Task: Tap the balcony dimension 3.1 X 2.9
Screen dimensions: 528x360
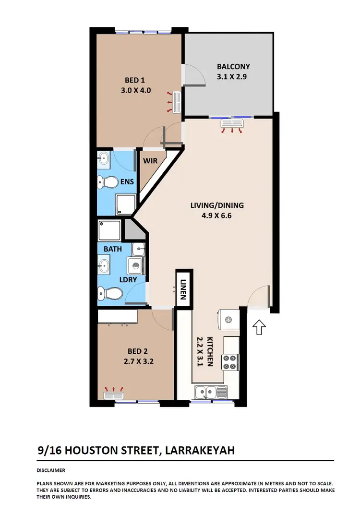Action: pos(233,76)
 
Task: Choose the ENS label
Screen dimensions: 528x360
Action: pos(127,182)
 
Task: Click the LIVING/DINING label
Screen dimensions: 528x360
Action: pos(222,205)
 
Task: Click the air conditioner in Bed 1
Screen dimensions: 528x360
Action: pos(175,102)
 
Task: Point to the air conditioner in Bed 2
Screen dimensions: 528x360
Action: pos(114,396)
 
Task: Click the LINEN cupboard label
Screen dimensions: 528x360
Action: pos(183,287)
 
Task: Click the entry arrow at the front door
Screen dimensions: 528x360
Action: pos(259,328)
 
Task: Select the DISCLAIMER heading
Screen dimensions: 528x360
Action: pos(51,470)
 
